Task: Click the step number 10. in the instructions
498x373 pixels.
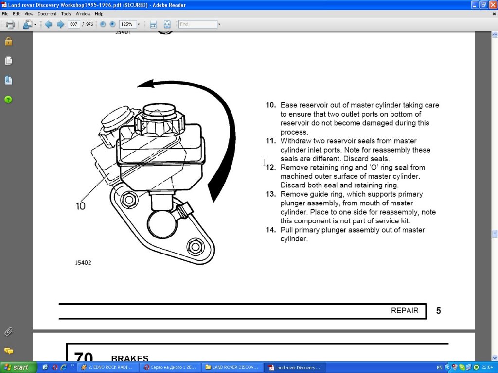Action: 271,105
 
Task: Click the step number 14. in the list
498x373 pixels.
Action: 271,230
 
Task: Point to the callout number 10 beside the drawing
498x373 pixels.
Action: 80,206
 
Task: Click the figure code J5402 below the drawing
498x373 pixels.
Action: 83,263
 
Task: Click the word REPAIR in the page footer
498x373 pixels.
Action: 405,311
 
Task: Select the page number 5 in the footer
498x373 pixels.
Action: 438,311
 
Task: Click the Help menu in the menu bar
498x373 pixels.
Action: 99,14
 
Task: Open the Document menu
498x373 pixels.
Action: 47,14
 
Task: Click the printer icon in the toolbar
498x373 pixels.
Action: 10,24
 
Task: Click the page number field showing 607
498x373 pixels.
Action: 74,24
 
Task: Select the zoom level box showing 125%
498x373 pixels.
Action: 127,24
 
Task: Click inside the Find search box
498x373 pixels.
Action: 197,24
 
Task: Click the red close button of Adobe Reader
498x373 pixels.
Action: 492,4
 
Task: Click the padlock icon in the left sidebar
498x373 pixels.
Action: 8,41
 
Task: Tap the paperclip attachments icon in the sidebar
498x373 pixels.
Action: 8,332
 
